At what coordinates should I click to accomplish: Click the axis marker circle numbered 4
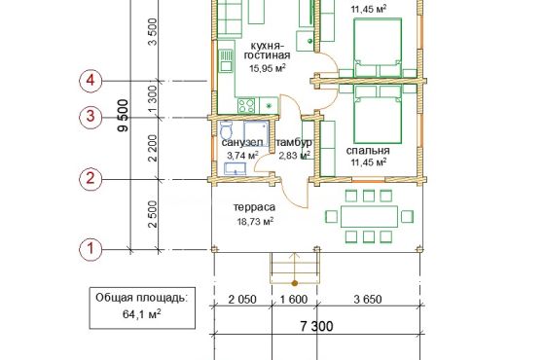pos(91,81)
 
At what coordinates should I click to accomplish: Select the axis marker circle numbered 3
pos(91,117)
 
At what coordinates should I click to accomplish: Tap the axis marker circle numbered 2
pos(91,179)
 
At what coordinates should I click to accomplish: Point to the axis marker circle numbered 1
pos(91,249)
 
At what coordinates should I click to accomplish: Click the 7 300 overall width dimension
pos(316,326)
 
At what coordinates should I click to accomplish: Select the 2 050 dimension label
pos(242,300)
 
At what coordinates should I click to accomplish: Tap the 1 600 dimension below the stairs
pos(294,300)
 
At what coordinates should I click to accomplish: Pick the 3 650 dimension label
pos(368,300)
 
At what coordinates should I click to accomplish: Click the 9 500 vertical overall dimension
pos(123,116)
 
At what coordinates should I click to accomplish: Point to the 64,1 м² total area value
pos(141,314)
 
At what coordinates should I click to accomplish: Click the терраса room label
pos(254,207)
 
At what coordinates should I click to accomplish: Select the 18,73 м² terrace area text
pos(255,221)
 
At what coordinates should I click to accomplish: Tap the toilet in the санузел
pos(227,130)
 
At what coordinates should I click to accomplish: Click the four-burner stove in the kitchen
pos(246,106)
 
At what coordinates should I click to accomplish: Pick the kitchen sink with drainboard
pos(226,60)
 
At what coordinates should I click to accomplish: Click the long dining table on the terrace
pos(369,216)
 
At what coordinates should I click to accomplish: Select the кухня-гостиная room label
pos(267,51)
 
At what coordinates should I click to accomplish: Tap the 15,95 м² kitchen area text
pos(268,68)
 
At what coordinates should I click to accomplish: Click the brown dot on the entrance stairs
pos(295,283)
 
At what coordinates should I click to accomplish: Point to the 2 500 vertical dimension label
pos(153,214)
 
